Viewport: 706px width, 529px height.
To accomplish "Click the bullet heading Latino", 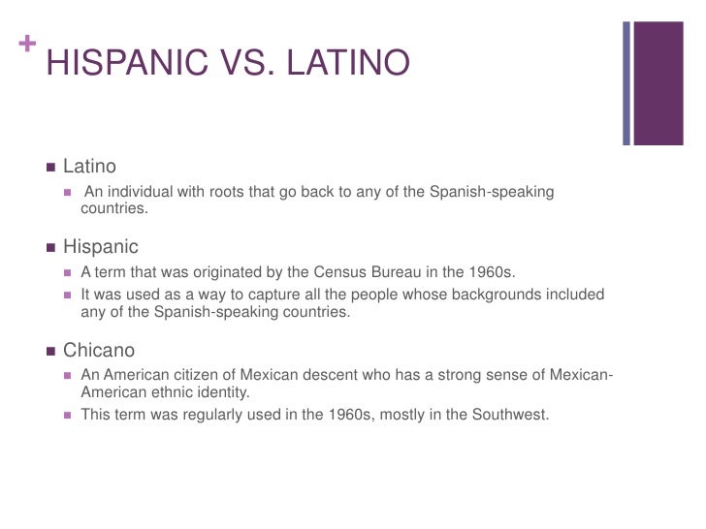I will click(89, 168).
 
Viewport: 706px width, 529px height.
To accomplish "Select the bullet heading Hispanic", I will click(101, 247).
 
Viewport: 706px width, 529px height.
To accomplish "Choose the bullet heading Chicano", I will click(99, 350).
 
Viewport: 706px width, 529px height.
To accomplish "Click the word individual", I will click(144, 191).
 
